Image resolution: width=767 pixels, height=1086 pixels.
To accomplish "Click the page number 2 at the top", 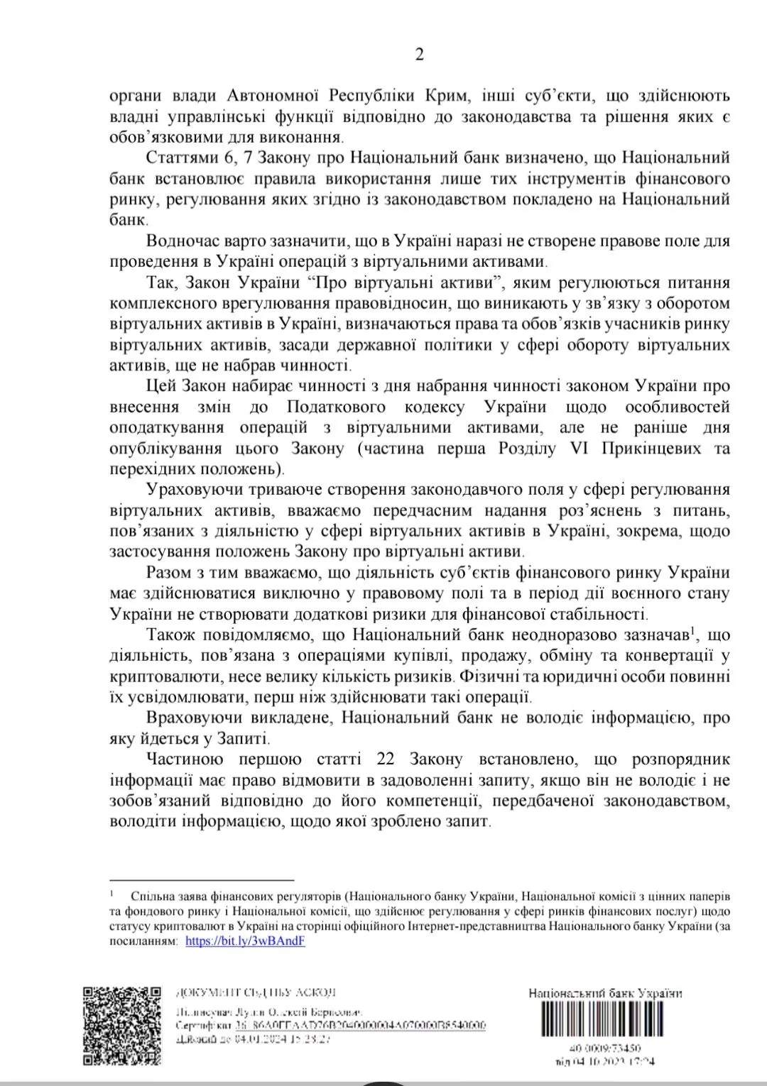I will pos(419,55).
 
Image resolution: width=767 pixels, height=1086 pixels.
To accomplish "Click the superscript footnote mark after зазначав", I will pos(691,629).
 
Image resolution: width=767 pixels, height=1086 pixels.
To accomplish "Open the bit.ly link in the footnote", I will pos(245,941).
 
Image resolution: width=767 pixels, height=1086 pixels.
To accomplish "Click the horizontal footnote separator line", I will pos(202,879).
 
